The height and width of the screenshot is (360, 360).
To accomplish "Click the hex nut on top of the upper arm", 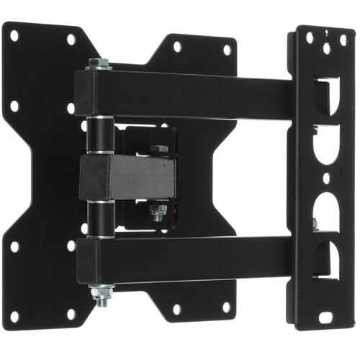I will click(98, 65).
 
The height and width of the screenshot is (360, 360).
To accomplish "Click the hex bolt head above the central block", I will click(158, 150).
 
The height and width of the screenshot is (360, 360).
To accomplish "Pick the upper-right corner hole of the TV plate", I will click(227, 51).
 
